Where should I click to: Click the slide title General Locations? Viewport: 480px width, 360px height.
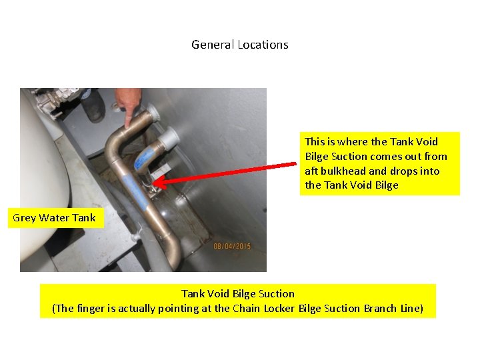pos(240,45)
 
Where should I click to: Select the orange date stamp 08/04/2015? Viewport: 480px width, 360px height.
pos(232,247)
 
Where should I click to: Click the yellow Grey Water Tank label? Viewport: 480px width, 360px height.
pos(54,217)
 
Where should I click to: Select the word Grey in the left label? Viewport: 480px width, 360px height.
pos(25,217)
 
